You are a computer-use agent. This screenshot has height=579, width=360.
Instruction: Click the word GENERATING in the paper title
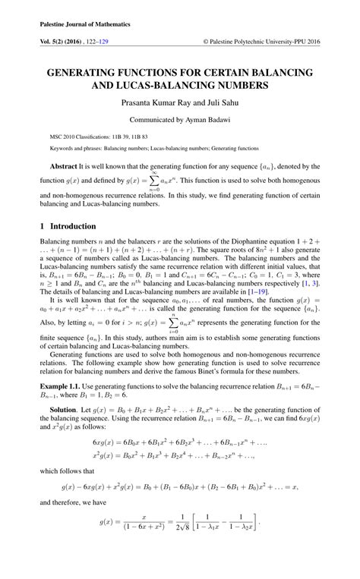coord(88,72)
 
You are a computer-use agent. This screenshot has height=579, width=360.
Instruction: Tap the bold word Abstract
coord(63,165)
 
